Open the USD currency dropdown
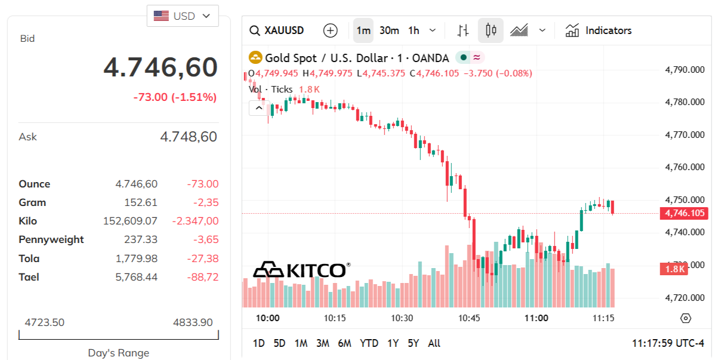point(183,16)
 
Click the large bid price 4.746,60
point(161,67)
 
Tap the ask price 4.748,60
point(188,137)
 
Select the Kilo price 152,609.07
point(130,221)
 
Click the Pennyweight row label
point(51,239)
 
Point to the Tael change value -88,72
point(202,277)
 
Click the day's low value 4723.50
point(45,322)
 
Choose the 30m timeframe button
point(389,30)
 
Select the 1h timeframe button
point(414,30)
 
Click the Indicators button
point(599,30)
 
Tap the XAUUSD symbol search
point(277,30)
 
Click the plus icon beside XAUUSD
point(330,30)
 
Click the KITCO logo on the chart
point(302,270)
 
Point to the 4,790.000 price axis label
point(685,70)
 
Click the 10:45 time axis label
point(469,318)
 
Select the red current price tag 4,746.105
point(684,213)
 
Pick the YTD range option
point(369,343)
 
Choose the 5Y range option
point(414,343)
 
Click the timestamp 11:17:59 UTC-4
point(668,343)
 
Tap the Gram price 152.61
point(141,202)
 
